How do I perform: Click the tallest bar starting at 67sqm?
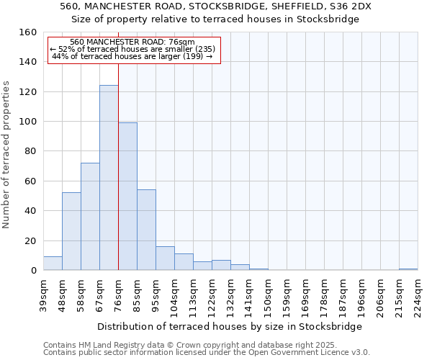(109, 178)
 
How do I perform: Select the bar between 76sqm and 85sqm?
(127, 197)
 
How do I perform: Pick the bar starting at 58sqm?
(90, 217)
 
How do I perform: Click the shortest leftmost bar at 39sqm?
(53, 264)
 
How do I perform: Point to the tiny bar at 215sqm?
(408, 269)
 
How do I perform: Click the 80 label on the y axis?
(30, 151)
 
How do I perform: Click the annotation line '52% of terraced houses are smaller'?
(132, 49)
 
